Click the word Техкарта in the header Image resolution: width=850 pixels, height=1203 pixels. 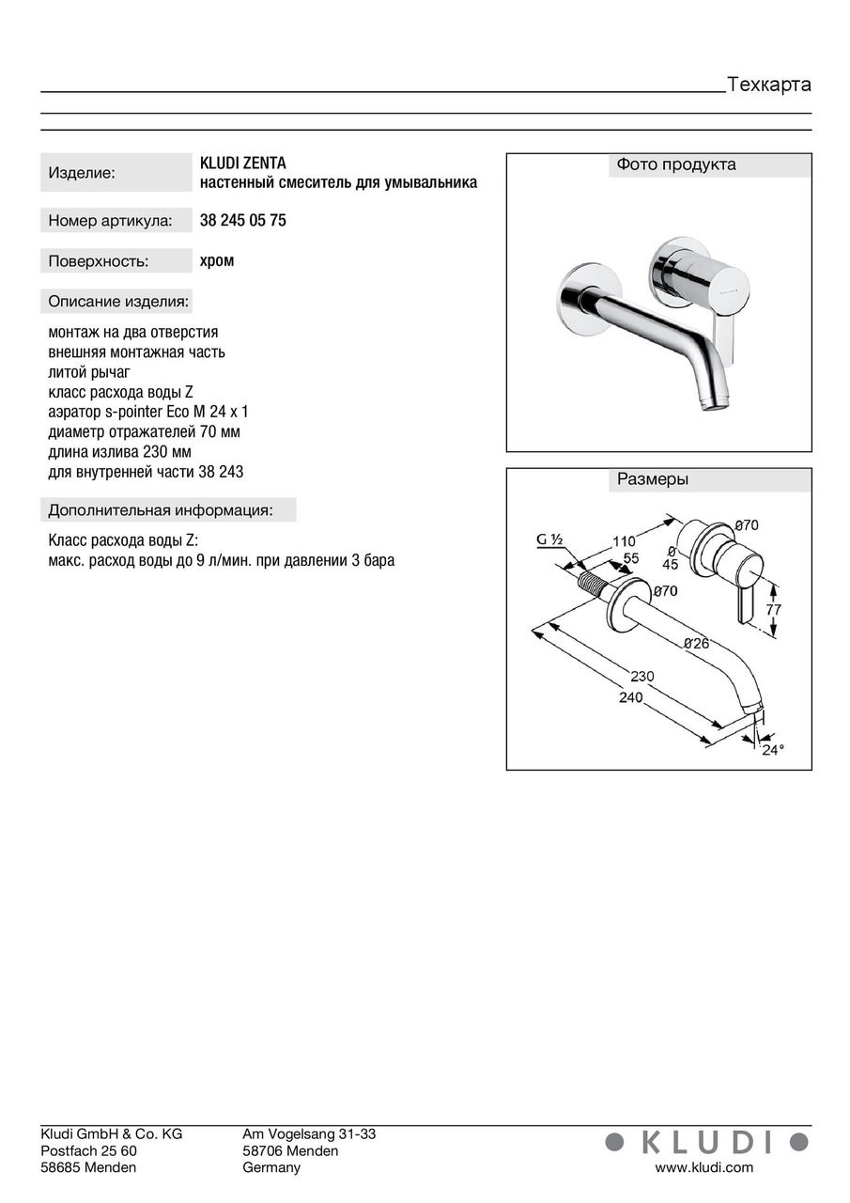pyautogui.click(x=769, y=85)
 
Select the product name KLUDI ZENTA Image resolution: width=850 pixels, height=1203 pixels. pyautogui.click(x=243, y=164)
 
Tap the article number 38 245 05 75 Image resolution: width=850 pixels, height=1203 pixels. pyautogui.click(x=243, y=221)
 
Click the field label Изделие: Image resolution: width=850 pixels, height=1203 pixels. pyautogui.click(x=82, y=173)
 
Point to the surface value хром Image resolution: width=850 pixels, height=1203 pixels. pyautogui.click(x=217, y=261)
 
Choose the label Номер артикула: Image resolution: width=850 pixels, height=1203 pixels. pyautogui.click(x=110, y=222)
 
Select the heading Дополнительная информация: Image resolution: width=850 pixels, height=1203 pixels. pyautogui.click(x=161, y=510)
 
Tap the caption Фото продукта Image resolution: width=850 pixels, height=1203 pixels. pyautogui.click(x=675, y=164)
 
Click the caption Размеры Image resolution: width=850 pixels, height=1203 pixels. pyautogui.click(x=653, y=479)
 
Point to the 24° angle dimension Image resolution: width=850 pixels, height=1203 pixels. pyautogui.click(x=772, y=750)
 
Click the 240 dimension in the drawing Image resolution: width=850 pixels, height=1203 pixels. pyautogui.click(x=631, y=697)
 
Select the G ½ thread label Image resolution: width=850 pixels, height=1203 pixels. pyautogui.click(x=549, y=539)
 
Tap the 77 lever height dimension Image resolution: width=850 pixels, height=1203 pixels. pyautogui.click(x=773, y=609)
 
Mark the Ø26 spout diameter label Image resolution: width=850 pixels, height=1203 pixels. pyautogui.click(x=696, y=644)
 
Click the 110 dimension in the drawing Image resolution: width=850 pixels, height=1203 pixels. pyautogui.click(x=623, y=540)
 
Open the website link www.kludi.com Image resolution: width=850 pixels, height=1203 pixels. pyautogui.click(x=703, y=1167)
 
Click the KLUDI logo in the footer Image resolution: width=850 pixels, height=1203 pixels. pyautogui.click(x=705, y=1142)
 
